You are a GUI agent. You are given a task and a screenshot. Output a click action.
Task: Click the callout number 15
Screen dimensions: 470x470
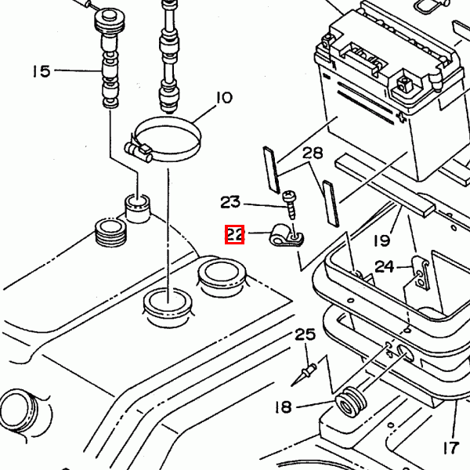pyautogui.click(x=42, y=71)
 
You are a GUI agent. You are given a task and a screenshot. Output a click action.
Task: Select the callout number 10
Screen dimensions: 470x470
pyautogui.click(x=224, y=98)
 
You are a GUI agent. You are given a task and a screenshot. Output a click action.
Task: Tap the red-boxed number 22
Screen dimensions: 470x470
pyautogui.click(x=235, y=234)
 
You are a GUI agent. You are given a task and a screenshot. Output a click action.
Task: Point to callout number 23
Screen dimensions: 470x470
pyautogui.click(x=230, y=202)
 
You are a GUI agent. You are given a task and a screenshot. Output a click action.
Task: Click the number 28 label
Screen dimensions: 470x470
pyautogui.click(x=313, y=154)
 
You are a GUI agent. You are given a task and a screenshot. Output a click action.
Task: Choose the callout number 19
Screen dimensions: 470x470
pyautogui.click(x=382, y=240)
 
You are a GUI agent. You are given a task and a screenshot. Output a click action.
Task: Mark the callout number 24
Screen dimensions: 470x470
pyautogui.click(x=385, y=266)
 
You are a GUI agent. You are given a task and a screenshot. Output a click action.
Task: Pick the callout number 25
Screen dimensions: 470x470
pyautogui.click(x=305, y=334)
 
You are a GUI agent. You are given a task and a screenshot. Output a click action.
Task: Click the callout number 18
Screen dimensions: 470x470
pyautogui.click(x=284, y=407)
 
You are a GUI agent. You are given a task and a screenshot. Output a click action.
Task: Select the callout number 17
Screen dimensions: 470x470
pyautogui.click(x=451, y=448)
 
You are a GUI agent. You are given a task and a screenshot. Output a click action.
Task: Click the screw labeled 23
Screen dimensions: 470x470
pyautogui.click(x=290, y=204)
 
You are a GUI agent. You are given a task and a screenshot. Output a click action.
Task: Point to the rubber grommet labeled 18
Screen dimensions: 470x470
pyautogui.click(x=350, y=402)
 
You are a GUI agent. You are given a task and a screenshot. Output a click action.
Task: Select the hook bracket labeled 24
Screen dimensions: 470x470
pyautogui.click(x=420, y=273)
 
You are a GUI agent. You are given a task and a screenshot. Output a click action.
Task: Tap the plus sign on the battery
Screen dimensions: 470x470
pyautogui.click(x=401, y=117)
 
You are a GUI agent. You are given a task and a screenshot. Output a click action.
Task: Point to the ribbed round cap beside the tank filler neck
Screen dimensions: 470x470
pyautogui.click(x=110, y=233)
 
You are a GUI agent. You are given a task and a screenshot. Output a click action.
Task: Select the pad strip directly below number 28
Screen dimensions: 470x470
pyautogui.click(x=331, y=203)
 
